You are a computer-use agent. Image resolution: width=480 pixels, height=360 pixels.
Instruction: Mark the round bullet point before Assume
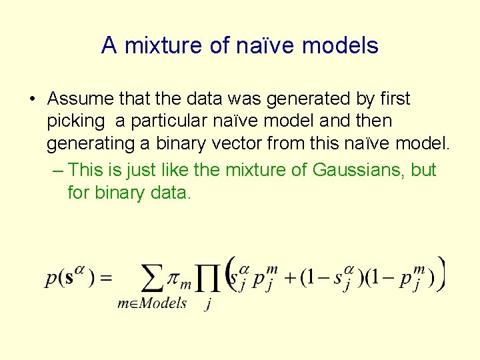coord(32,100)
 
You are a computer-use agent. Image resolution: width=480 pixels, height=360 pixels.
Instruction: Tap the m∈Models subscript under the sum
coord(151,304)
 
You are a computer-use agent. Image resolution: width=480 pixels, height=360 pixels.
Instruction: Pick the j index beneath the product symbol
coord(209,305)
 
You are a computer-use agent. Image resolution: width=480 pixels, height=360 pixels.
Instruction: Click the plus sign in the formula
coord(289,277)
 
